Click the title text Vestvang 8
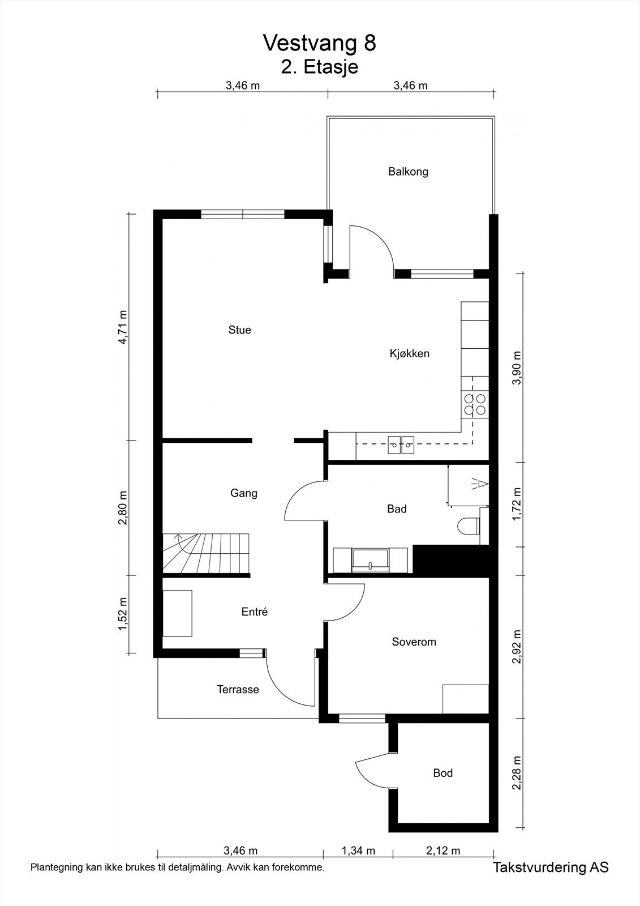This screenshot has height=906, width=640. tap(319, 42)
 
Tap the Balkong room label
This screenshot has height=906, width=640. tap(408, 172)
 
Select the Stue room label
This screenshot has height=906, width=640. tap(239, 330)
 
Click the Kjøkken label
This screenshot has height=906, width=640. tap(409, 354)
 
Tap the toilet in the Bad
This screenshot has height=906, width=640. tap(468, 526)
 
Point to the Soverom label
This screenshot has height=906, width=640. tap(414, 642)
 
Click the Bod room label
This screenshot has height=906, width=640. tap(443, 773)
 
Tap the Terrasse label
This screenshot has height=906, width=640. tap(238, 690)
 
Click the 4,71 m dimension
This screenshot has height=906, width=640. tap(123, 327)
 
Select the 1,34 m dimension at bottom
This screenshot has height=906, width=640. tap(358, 851)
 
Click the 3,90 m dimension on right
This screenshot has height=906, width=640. tap(516, 367)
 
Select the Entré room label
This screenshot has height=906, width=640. tap(254, 612)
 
